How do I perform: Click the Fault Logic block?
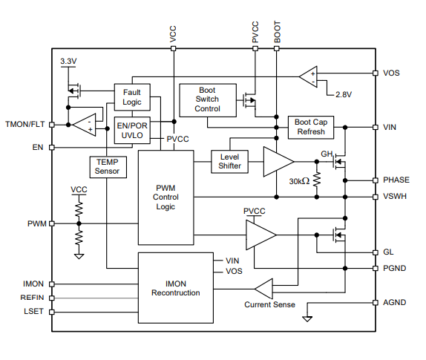tap(132, 97)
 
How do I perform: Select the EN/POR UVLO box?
tap(132, 131)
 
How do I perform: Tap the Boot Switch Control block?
tap(208, 100)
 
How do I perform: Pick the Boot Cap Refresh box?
tap(311, 127)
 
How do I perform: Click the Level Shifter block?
tap(229, 162)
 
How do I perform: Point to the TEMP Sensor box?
tap(108, 167)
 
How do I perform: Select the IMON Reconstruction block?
tap(175, 288)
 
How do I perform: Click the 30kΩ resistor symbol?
tap(317, 180)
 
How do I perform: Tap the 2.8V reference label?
tap(344, 94)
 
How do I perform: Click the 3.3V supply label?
tap(68, 61)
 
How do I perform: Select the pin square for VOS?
tap(376, 73)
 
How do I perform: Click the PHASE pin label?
tap(396, 180)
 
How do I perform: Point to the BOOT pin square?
tap(277, 49)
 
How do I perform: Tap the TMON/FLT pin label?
tap(25, 124)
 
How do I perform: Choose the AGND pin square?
tap(376, 302)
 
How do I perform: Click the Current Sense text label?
tap(269, 304)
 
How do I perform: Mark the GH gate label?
tap(327, 154)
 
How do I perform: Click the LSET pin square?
tap(52, 312)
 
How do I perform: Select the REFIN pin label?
tap(32, 298)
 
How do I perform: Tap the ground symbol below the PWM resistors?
tap(79, 256)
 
